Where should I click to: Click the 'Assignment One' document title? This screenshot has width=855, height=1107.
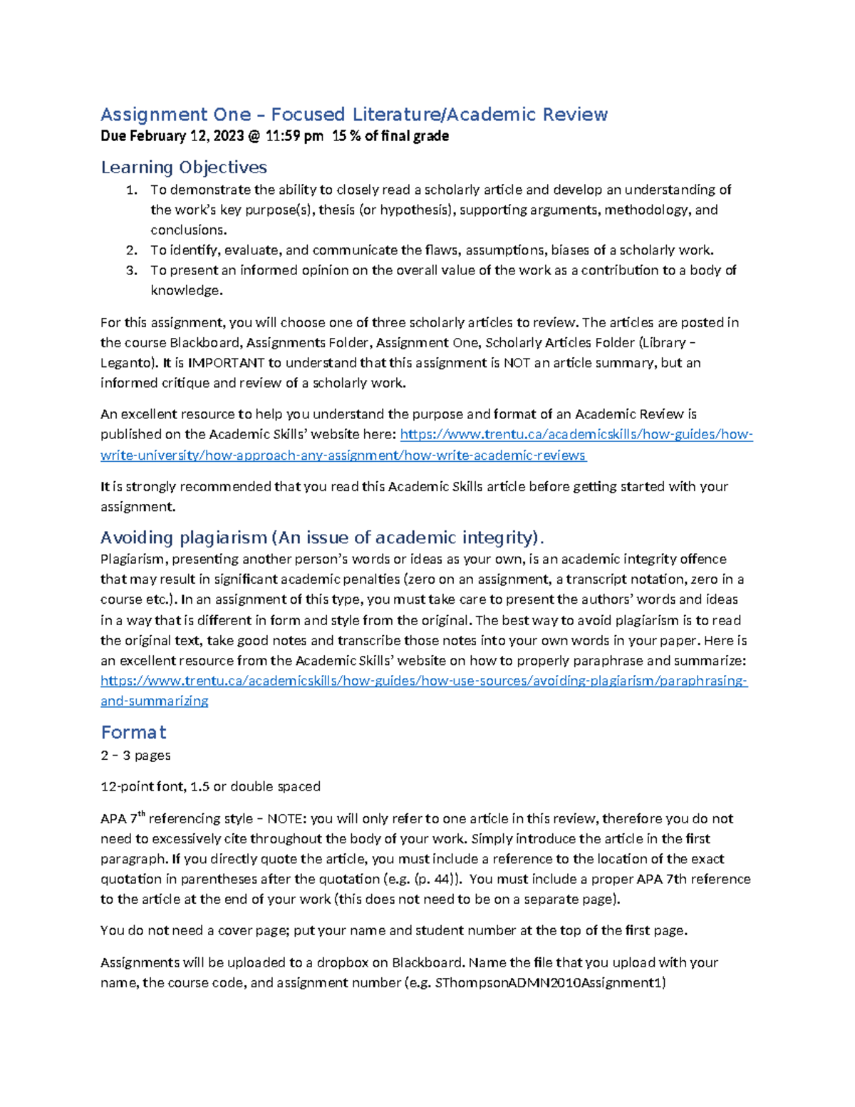pos(353,115)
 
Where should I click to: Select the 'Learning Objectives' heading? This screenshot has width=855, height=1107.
pos(184,168)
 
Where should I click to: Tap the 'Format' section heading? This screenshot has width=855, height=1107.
pos(133,732)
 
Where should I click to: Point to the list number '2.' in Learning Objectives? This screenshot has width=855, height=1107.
pos(131,250)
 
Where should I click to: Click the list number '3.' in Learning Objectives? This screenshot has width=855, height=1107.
pos(131,270)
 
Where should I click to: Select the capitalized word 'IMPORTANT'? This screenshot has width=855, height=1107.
pos(226,363)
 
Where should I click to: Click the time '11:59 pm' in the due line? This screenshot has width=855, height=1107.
pos(294,136)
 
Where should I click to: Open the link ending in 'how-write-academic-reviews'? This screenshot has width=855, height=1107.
pos(343,455)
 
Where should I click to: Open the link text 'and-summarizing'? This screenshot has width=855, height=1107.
pos(155,701)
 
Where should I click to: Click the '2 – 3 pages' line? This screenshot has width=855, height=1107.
pos(135,756)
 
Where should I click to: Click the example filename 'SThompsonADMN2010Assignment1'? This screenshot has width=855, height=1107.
pos(549,983)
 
